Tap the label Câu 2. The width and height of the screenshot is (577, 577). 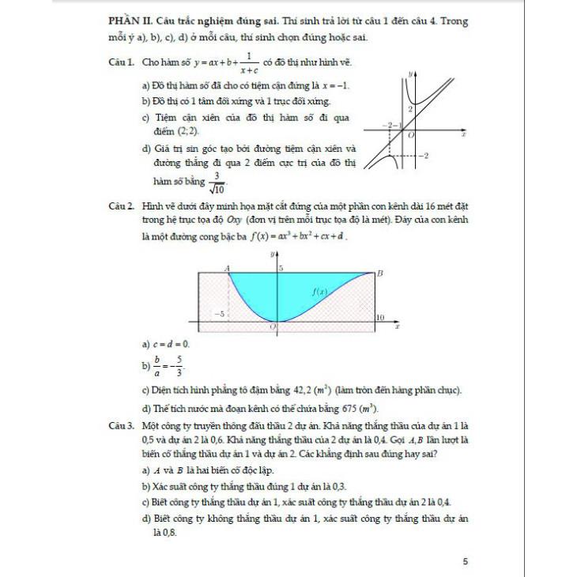coord(121,206)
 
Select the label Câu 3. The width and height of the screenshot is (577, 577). coord(121,425)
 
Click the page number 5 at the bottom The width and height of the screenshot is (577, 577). coord(466,561)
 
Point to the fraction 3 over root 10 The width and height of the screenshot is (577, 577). coord(216,183)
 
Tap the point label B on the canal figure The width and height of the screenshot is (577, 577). coord(379,273)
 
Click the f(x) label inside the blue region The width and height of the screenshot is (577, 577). coord(319,291)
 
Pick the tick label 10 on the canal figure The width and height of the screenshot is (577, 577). coord(379,317)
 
